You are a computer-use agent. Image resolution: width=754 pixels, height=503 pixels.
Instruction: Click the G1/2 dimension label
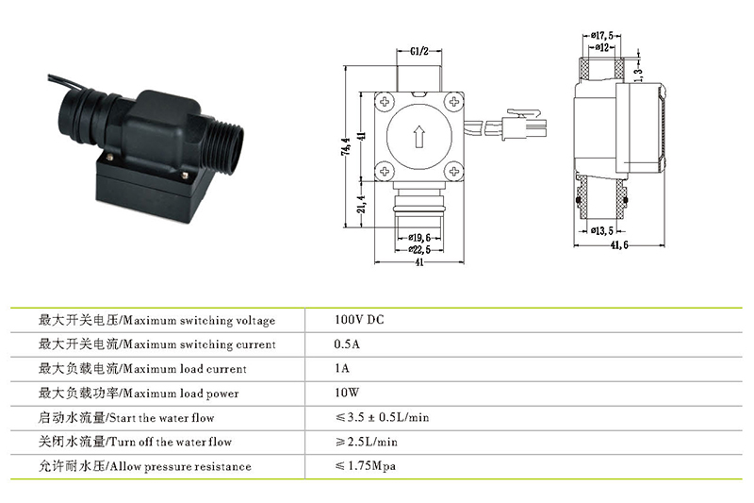point(419,51)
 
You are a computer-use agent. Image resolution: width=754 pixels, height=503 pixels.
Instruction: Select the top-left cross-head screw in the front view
point(385,101)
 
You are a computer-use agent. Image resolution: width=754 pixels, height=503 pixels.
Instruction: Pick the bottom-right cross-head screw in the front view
point(453,170)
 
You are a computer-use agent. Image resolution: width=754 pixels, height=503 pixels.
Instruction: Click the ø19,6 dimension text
point(418,237)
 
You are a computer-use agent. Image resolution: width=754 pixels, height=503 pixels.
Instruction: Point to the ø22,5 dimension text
point(418,249)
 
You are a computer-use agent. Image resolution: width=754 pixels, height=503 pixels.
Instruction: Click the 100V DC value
point(359,320)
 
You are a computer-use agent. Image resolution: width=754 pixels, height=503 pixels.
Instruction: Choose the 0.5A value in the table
point(348,344)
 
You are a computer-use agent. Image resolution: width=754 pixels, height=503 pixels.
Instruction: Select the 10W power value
point(348,393)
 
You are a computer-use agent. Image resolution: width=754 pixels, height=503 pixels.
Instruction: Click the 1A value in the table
point(342,369)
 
